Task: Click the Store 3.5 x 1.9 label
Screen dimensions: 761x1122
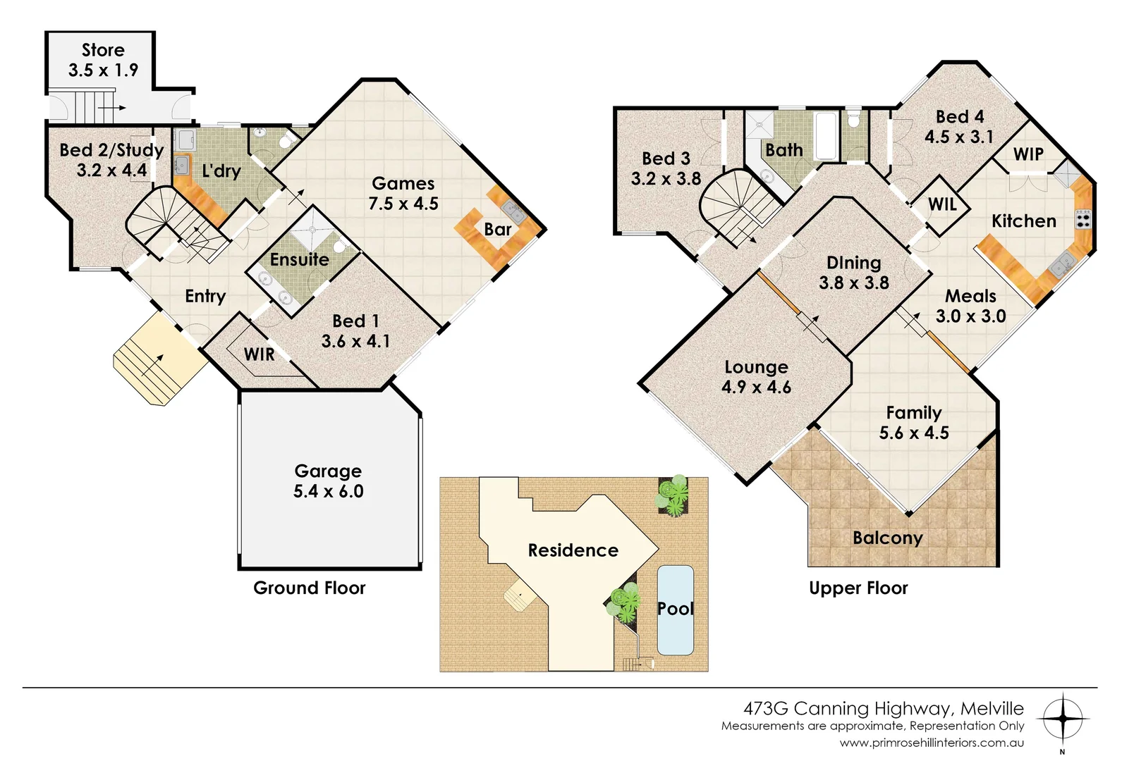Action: point(103,60)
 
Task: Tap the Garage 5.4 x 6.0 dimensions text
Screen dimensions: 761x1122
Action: point(328,491)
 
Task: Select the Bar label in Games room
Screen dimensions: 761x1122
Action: point(497,229)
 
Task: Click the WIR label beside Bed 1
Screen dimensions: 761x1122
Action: point(259,354)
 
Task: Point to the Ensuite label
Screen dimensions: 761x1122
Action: point(299,259)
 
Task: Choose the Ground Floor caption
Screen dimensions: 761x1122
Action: point(309,588)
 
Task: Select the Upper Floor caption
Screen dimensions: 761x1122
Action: point(858,588)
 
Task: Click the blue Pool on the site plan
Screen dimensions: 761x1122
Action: point(675,610)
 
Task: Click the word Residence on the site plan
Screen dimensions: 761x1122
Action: point(573,550)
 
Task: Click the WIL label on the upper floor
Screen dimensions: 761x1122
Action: point(942,204)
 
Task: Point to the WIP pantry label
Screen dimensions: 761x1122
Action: point(1028,154)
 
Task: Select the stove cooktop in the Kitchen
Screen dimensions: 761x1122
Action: point(1083,219)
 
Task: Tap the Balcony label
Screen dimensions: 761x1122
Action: point(887,538)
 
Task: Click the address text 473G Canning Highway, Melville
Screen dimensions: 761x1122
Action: point(883,708)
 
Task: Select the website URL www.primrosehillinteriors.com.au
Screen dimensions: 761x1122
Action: point(931,743)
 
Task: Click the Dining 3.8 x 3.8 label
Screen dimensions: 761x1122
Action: point(853,273)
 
